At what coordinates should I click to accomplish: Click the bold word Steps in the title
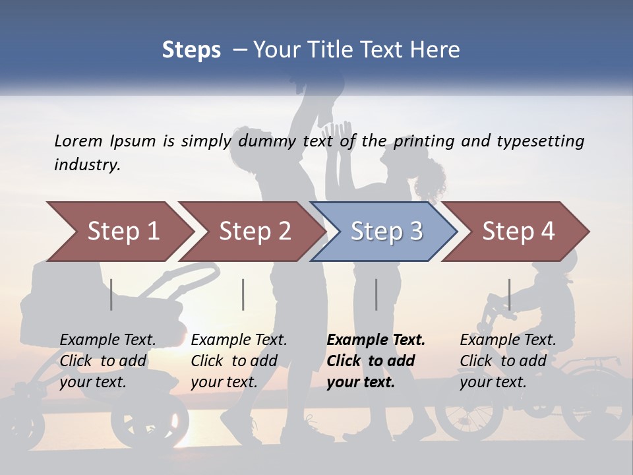point(191,50)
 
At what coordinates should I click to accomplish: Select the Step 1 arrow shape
point(119,232)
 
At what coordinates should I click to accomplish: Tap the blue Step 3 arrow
point(386,232)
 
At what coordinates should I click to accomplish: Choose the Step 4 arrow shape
point(518,232)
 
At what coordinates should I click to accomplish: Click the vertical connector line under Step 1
point(111,294)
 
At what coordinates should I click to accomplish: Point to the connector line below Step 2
point(243,294)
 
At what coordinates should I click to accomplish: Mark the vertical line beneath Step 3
point(376,294)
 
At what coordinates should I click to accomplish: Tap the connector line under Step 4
point(509,294)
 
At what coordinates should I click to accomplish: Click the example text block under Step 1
point(107,361)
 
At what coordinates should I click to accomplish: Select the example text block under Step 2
point(239,361)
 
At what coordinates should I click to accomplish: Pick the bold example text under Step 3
point(376,361)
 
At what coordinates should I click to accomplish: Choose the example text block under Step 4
point(508,361)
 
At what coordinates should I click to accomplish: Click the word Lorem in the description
point(78,141)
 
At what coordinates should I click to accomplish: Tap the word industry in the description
point(86,165)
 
